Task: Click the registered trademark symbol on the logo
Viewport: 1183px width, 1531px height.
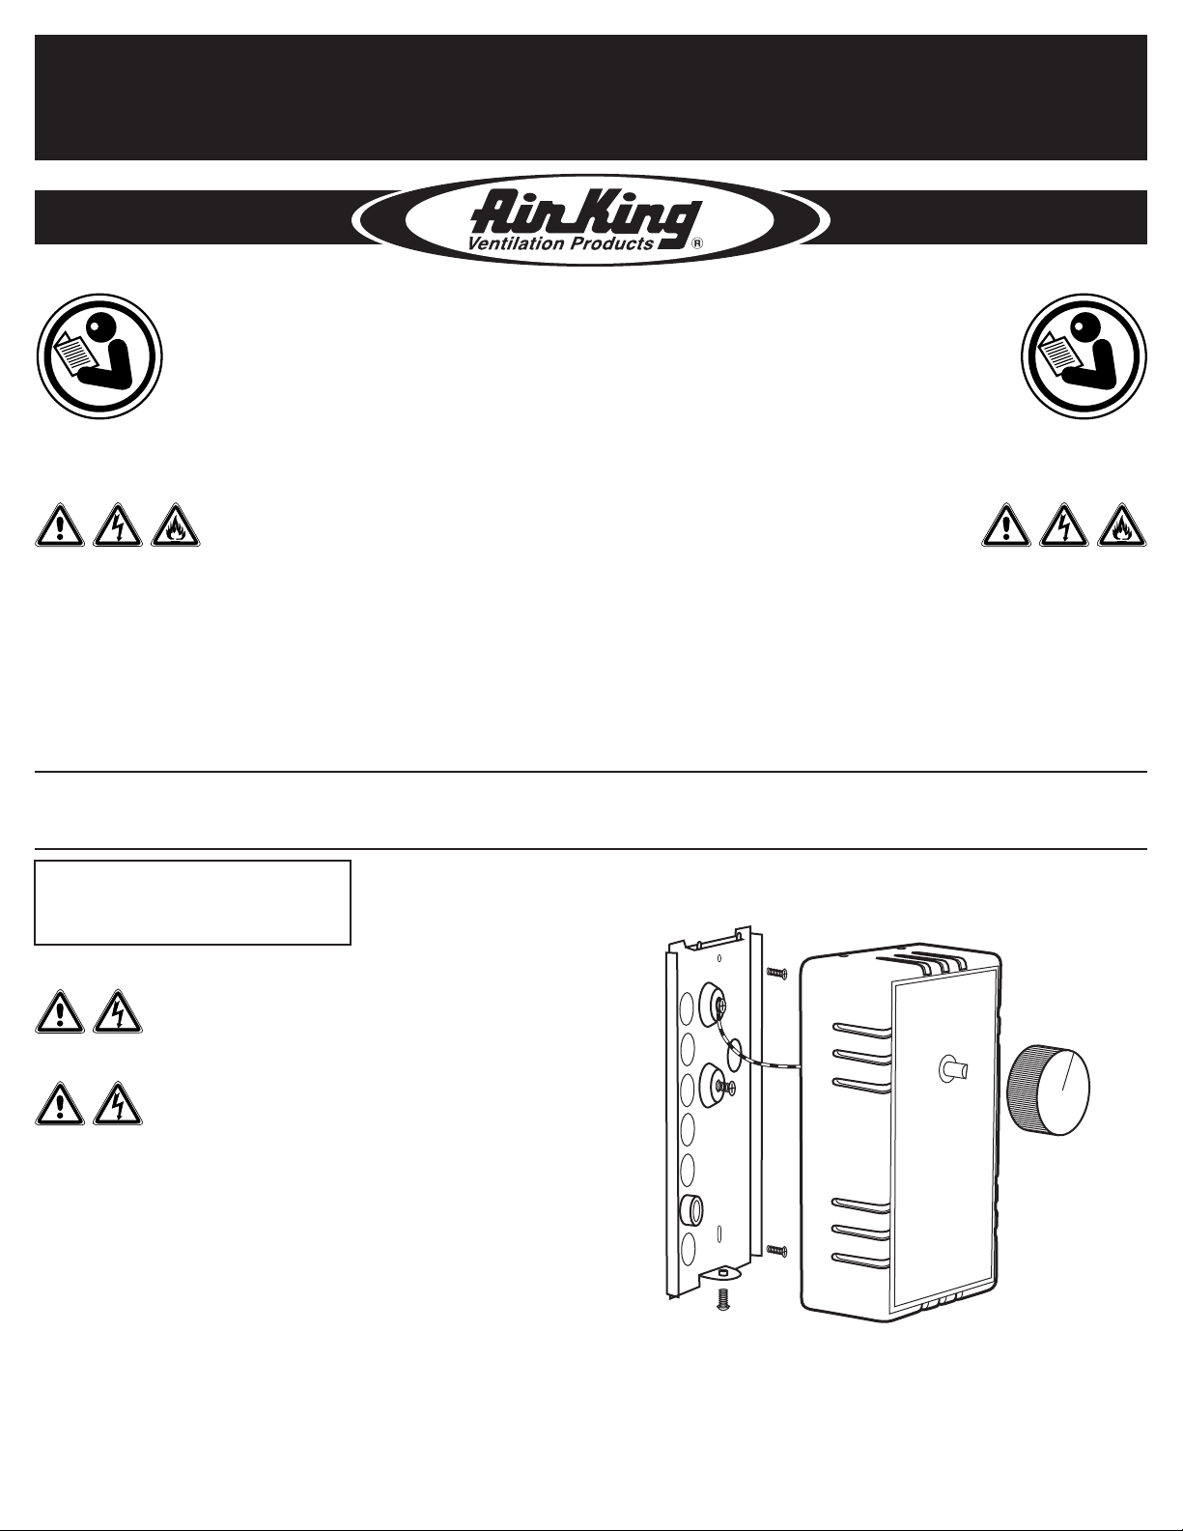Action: pos(697,244)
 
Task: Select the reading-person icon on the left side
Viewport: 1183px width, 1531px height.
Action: pos(99,356)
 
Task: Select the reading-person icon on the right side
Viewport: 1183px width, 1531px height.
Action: pos(1084,356)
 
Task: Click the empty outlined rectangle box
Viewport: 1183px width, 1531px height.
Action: pos(192,902)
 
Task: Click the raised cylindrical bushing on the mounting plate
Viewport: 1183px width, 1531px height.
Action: pos(692,1208)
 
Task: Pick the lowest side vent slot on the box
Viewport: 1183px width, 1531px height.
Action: pos(860,1258)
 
